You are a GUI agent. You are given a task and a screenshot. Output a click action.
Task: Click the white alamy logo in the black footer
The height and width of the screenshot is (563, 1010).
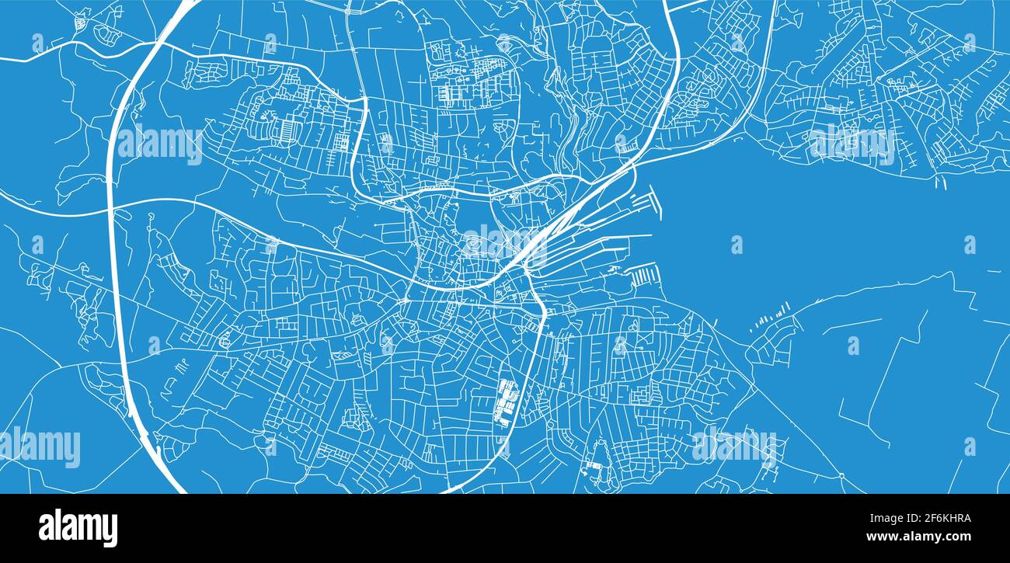click(78, 528)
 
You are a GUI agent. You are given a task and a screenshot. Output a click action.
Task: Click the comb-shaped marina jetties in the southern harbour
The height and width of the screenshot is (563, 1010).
click(644, 276)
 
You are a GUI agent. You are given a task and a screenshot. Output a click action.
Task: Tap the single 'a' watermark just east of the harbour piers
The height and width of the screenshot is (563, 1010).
click(736, 245)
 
